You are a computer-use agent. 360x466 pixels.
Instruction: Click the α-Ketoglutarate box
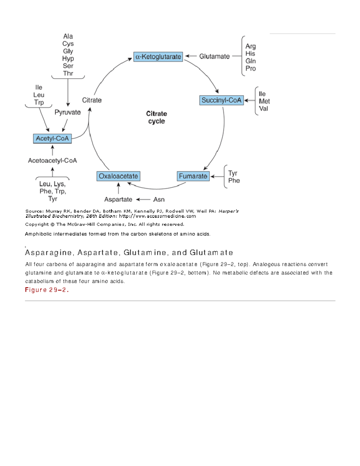click(x=158, y=57)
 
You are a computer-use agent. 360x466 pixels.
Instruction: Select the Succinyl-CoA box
click(x=221, y=100)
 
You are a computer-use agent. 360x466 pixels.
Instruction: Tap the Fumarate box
click(x=193, y=176)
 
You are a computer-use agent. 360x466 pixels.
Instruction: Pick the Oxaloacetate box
click(x=118, y=176)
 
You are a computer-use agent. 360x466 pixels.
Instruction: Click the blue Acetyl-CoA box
click(x=52, y=138)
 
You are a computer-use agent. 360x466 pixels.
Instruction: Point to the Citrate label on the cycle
click(x=92, y=100)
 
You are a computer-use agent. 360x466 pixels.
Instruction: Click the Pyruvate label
click(x=67, y=112)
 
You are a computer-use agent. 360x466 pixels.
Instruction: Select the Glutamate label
click(x=214, y=56)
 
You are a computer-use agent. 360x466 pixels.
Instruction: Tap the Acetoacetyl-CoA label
click(x=52, y=161)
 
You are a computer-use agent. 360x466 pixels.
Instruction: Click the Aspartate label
click(x=118, y=199)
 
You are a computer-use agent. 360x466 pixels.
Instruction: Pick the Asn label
click(x=159, y=199)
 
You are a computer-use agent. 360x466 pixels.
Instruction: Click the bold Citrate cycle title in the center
click(x=156, y=117)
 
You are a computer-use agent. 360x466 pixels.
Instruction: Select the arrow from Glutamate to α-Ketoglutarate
click(x=191, y=56)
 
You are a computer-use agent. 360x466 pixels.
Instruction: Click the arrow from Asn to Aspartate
click(x=143, y=199)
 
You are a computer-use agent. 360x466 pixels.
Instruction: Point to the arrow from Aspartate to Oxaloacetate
click(x=118, y=188)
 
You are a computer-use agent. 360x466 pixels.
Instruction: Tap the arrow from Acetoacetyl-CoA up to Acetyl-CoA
click(x=52, y=150)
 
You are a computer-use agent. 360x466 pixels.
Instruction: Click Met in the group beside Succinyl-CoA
click(x=264, y=101)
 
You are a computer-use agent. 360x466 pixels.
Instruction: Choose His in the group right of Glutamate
click(x=250, y=54)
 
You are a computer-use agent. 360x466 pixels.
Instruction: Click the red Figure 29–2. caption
click(x=47, y=290)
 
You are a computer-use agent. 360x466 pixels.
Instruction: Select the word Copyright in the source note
click(x=37, y=224)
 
